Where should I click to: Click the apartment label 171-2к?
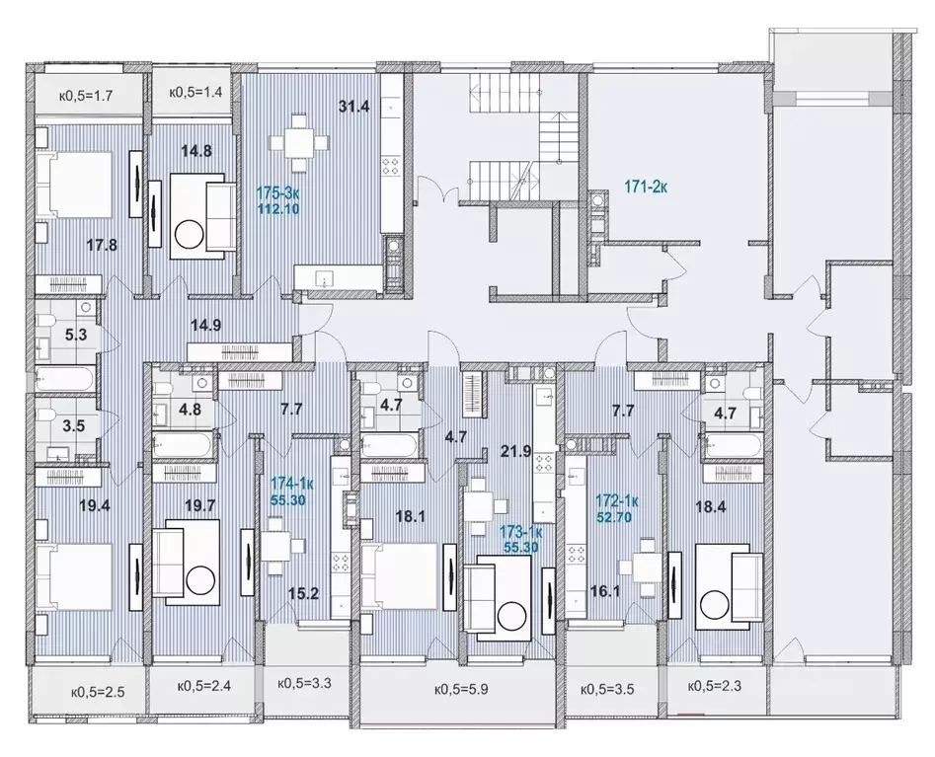pyautogui.click(x=646, y=188)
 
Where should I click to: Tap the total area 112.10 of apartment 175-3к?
pyautogui.click(x=277, y=209)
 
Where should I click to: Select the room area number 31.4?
pyautogui.click(x=354, y=107)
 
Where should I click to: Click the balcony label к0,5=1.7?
pyautogui.click(x=86, y=95)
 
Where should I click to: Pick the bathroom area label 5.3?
pyautogui.click(x=76, y=335)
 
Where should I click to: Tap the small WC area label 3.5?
pyautogui.click(x=73, y=426)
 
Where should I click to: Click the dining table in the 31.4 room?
pyautogui.click(x=299, y=142)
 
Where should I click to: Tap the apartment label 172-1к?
pyautogui.click(x=617, y=501)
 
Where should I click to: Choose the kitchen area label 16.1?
pyautogui.click(x=604, y=591)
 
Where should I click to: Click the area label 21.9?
pyautogui.click(x=515, y=451)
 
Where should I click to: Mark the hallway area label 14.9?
pyautogui.click(x=206, y=326)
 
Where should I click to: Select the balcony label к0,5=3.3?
pyautogui.click(x=305, y=683)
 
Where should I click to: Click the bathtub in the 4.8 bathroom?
pyautogui.click(x=182, y=445)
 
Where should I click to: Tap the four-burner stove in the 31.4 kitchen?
pyautogui.click(x=391, y=165)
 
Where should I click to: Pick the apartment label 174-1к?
pyautogui.click(x=288, y=482)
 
